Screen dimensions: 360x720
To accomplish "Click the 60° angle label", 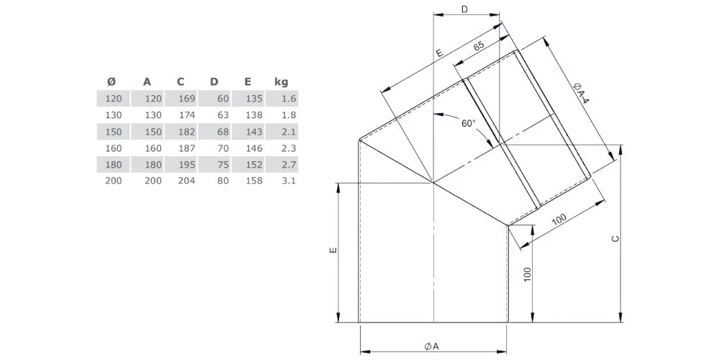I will pos(469,123).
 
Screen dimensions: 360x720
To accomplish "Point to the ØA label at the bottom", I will pos(431,346).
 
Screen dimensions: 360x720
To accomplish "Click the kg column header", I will pos(281,81).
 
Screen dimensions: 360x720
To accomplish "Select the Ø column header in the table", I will pos(111,81).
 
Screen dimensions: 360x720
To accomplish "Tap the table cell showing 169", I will pos(186,98).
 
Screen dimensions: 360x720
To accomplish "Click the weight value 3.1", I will pos(289,181).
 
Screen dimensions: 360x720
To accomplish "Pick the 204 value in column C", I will pos(186,181).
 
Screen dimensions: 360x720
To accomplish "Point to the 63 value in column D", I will pos(222,114).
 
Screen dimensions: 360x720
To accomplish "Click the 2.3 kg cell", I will pos(289,148).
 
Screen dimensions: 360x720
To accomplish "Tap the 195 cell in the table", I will pos(186,164).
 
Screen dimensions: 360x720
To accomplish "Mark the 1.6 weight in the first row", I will pos(289,98).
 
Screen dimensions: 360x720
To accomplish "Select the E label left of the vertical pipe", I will pos(332,252).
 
